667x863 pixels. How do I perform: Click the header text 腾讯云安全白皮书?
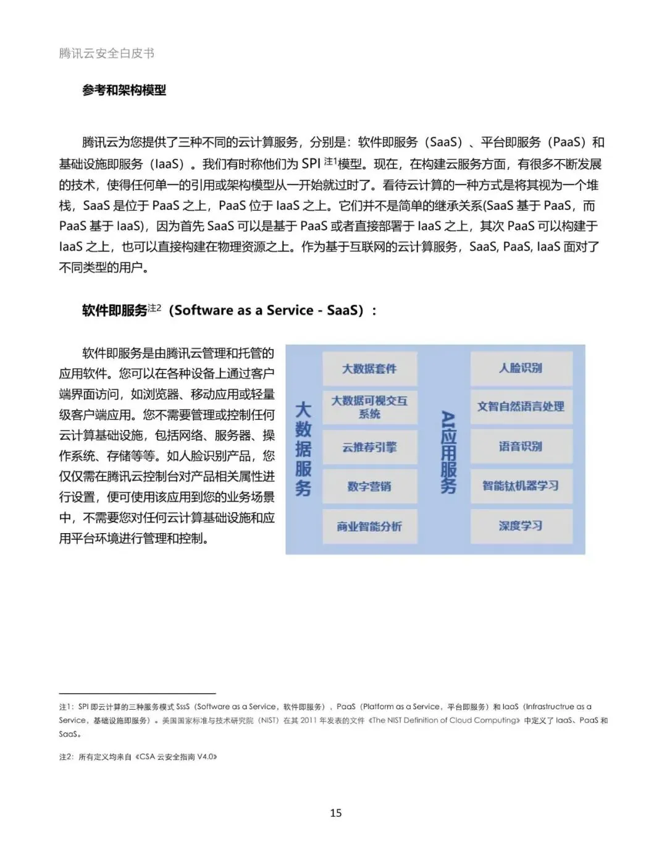pos(107,53)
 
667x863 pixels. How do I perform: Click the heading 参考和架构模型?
pos(124,90)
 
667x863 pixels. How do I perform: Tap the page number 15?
pos(336,812)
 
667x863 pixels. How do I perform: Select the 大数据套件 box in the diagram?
pos(369,369)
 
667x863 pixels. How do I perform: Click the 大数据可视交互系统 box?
pos(369,407)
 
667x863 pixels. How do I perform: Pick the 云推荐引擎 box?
pos(369,447)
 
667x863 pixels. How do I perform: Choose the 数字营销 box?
pos(369,487)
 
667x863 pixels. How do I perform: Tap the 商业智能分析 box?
pos(369,526)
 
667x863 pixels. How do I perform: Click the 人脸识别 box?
pos(521,368)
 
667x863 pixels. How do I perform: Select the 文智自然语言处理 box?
pos(521,406)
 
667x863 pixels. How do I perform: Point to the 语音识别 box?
pos(521,446)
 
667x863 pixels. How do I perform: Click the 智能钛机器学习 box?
pos(521,486)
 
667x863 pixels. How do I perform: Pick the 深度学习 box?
pos(521,526)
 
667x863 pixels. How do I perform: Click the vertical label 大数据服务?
pos(303,448)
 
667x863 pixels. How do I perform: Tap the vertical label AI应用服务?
pos(448,452)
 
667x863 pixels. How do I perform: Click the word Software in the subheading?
pos(201,310)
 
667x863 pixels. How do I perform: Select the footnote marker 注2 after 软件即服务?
pos(154,307)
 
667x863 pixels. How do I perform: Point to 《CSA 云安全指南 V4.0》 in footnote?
pos(177,757)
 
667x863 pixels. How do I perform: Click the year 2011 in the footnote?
pos(309,720)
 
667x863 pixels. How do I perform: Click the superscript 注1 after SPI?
pos(330,161)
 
